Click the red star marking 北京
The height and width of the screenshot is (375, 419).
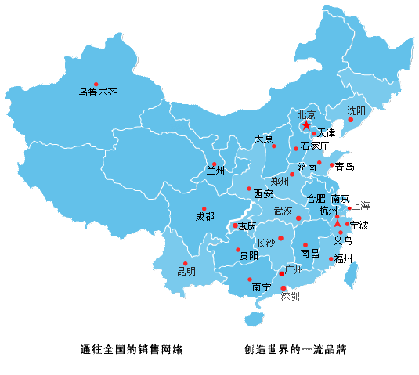click(306, 124)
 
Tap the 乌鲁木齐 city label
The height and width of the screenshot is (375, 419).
click(97, 92)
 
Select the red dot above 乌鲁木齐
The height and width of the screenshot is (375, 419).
click(96, 84)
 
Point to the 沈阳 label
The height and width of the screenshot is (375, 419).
click(356, 110)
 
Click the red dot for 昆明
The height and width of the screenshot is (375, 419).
click(186, 264)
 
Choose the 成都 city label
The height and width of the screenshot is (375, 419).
click(204, 217)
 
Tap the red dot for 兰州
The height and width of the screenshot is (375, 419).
click(214, 164)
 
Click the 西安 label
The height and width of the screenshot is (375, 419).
click(263, 193)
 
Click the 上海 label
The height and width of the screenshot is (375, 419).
click(360, 206)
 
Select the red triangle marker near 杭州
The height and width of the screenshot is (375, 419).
click(338, 223)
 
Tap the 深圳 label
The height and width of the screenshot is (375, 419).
click(291, 297)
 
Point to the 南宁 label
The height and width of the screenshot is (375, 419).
click(262, 287)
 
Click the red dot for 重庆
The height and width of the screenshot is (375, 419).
click(235, 226)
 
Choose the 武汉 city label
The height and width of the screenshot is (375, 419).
click(283, 211)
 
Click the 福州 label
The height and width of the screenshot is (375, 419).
click(343, 258)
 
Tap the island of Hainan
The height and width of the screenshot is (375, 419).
click(253, 319)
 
